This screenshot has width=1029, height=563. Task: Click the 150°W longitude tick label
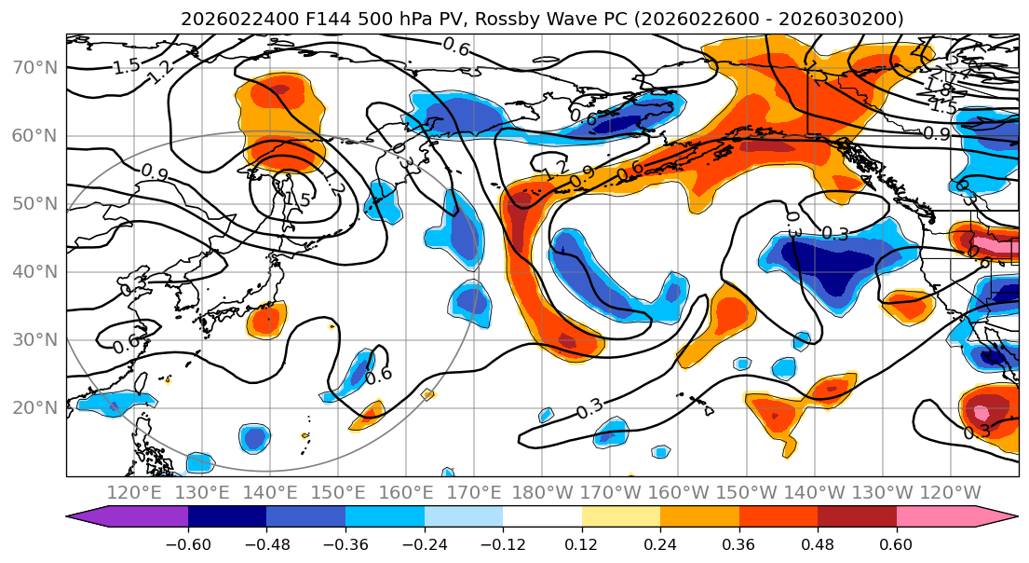[x=747, y=492]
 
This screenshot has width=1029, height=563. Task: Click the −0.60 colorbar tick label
[x=188, y=542]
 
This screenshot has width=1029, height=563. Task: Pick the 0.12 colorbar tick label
[x=582, y=542]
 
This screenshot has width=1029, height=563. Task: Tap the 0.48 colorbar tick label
[x=818, y=542]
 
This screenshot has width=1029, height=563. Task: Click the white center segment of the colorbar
[x=542, y=517]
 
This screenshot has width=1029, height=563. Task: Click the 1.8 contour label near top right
[x=938, y=86]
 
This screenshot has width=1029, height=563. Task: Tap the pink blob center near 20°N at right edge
[x=981, y=411]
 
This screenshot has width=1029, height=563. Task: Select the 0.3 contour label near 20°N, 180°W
[x=589, y=408]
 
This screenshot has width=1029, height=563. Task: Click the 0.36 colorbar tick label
[x=739, y=542]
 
